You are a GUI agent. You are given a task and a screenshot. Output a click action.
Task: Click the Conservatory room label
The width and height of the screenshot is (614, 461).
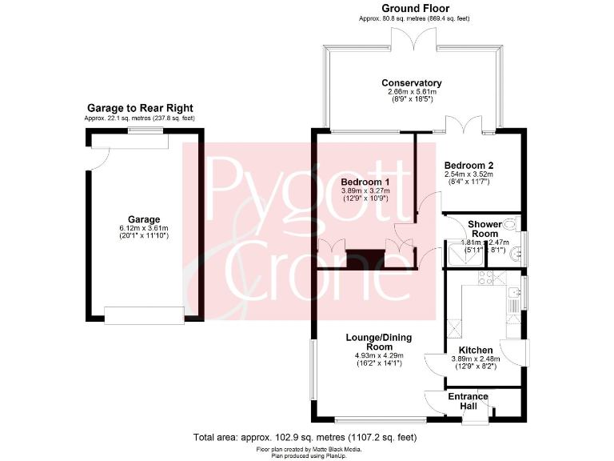click(x=412, y=83)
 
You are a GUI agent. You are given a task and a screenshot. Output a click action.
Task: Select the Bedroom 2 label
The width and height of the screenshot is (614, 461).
click(x=468, y=165)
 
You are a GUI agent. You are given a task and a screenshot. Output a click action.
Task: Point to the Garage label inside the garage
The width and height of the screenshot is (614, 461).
click(x=144, y=218)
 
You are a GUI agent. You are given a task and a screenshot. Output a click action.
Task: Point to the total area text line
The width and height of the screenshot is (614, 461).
click(x=305, y=438)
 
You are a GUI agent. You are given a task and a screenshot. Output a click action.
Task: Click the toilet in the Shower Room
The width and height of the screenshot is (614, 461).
click(x=510, y=224)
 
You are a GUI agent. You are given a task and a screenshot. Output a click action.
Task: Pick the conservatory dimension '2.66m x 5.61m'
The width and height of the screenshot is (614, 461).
click(x=412, y=92)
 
